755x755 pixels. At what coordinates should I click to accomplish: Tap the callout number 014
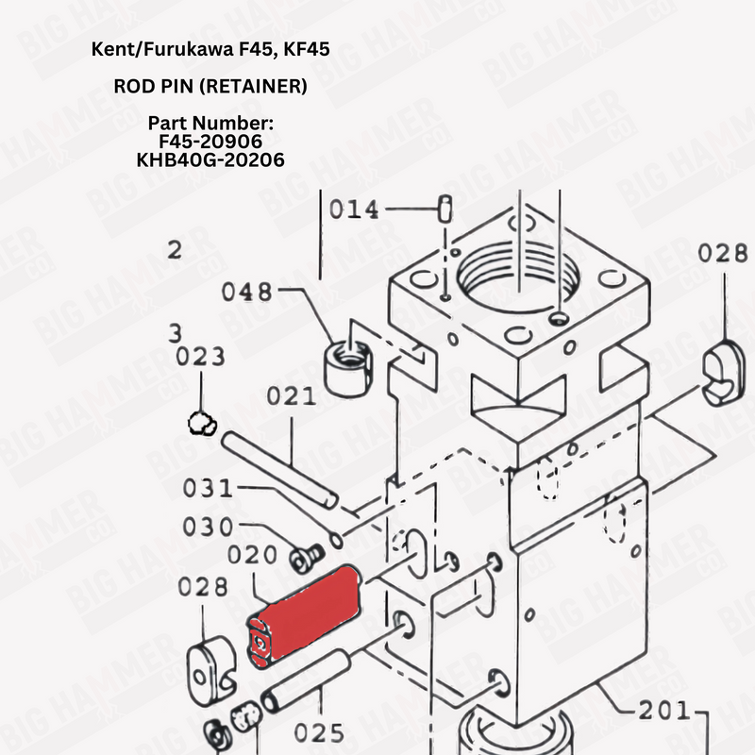pyautogui.click(x=353, y=210)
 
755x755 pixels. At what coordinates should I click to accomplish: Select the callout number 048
pyautogui.click(x=246, y=293)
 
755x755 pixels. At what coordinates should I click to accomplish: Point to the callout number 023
pyautogui.click(x=200, y=357)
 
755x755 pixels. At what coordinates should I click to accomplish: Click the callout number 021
pyautogui.click(x=291, y=396)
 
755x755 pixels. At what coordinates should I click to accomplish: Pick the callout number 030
pyautogui.click(x=207, y=527)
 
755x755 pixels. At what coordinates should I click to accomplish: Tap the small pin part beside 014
pyautogui.click(x=445, y=209)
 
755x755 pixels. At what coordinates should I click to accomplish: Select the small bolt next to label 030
pyautogui.click(x=304, y=555)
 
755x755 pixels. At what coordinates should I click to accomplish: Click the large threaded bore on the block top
pyautogui.click(x=521, y=274)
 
